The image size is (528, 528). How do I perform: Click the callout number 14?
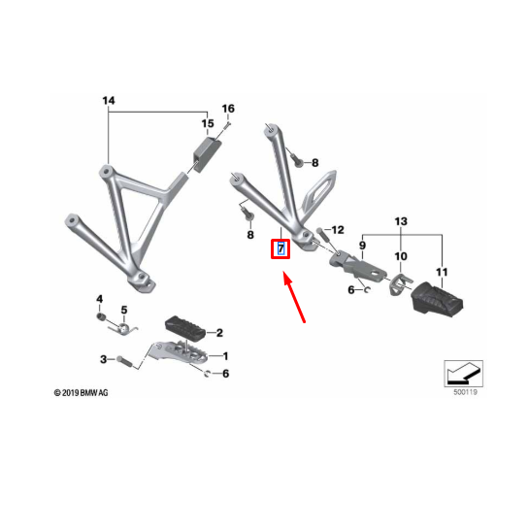pos(109,100)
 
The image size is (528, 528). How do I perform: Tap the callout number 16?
pos(228,109)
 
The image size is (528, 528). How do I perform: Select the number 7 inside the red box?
pos(280,249)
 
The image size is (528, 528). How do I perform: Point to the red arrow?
pos(295,298)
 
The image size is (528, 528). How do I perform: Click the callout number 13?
pos(401,221)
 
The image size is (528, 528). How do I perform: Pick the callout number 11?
pos(442,272)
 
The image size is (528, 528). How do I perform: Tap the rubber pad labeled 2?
pos(185,327)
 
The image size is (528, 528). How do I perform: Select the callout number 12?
pos(338,230)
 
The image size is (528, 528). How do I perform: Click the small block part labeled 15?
pos(207,154)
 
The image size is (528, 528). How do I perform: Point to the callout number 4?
pos(100,299)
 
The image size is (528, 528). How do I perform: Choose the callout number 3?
pos(104,359)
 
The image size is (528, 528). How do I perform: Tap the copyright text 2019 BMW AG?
pos(82,393)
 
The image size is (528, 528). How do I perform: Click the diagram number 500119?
pos(465,392)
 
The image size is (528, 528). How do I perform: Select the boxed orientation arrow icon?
pos(464,374)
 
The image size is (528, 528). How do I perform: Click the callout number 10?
pos(401,256)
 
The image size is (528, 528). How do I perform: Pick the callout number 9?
pos(362,245)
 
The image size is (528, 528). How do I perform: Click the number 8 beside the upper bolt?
pos(314,163)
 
